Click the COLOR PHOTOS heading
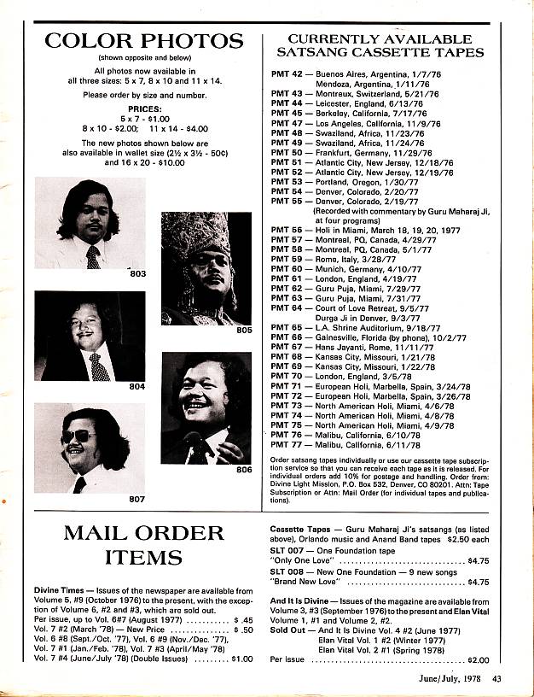coord(143,41)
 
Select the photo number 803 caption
coord(138,273)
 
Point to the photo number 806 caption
coord(244,469)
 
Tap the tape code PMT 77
coord(287,443)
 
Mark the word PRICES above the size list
coord(143,110)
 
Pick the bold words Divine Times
coord(61,590)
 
